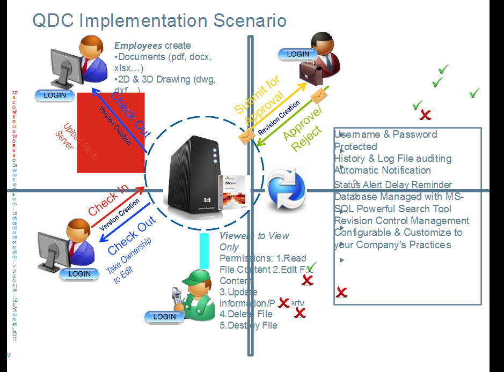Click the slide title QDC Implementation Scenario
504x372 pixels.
159,20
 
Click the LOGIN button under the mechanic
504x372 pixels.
164,317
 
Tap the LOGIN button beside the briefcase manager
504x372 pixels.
298,54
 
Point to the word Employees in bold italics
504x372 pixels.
138,46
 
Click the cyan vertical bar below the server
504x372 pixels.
204,250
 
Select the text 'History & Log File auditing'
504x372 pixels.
392,159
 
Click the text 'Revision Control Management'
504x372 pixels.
401,221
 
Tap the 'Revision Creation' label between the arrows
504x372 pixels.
279,118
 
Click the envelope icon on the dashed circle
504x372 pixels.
247,136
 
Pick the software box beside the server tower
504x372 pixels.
233,190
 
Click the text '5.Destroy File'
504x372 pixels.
249,325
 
